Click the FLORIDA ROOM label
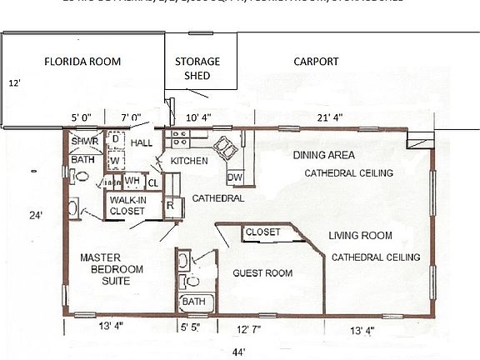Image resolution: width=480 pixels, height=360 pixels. [82, 62]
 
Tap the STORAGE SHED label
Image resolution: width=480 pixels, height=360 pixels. [197, 68]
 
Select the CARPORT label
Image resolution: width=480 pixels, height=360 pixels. [316, 62]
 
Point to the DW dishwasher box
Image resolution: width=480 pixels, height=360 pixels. [235, 177]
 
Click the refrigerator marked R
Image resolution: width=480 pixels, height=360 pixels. [170, 205]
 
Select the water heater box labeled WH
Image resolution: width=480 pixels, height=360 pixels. [132, 181]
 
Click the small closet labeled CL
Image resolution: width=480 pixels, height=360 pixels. [152, 182]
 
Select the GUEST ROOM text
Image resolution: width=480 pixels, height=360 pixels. [262, 272]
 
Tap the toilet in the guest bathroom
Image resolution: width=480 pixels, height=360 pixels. [185, 268]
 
